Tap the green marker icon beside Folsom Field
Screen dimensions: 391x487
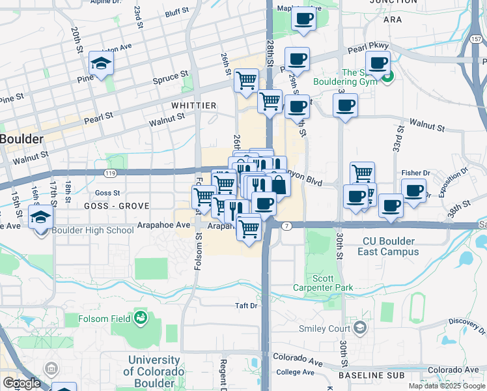point(140,318)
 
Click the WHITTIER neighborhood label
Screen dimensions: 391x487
point(193,106)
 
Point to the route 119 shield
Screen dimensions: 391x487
point(109,173)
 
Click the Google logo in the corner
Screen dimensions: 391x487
point(21,383)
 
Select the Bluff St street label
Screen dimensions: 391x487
point(177,12)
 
